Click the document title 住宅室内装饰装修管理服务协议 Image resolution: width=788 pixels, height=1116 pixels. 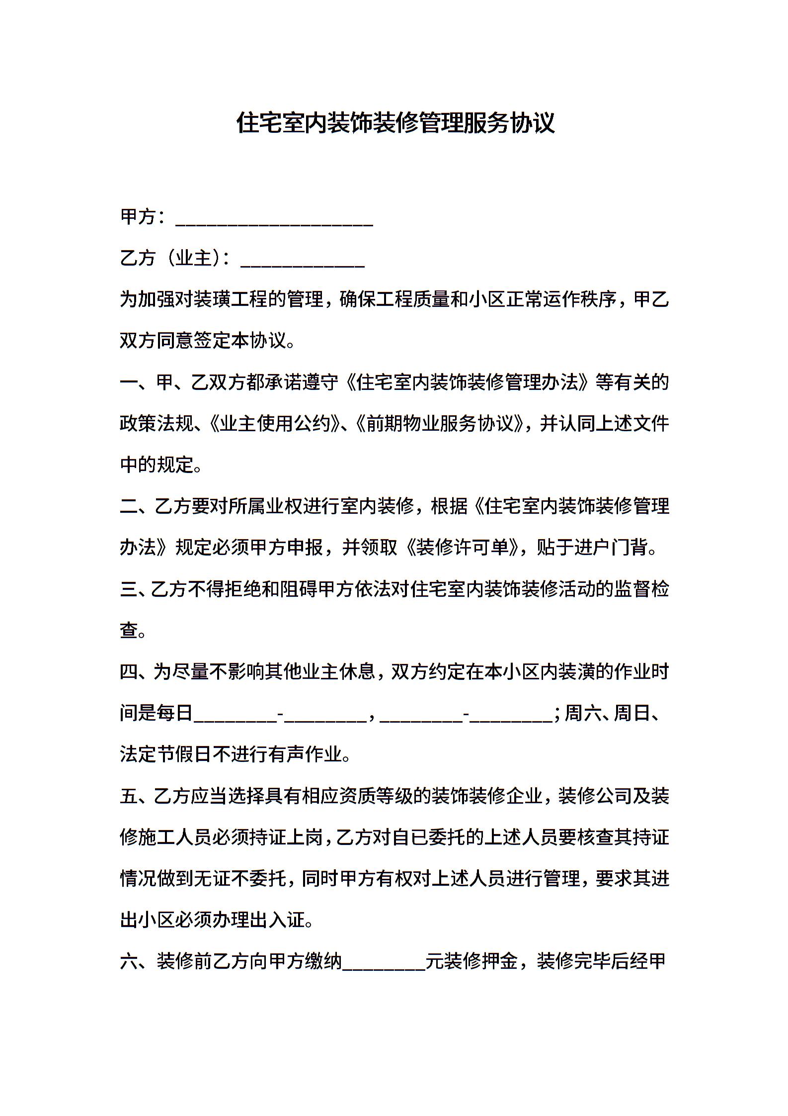tap(395, 123)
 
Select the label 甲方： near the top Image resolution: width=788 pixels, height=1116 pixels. tap(143, 217)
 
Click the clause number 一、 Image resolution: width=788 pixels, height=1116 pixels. tap(136, 382)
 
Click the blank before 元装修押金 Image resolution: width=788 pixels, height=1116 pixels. tap(384, 964)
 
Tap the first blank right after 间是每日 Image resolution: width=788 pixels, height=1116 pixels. tap(235, 715)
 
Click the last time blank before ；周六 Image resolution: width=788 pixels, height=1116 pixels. tap(510, 715)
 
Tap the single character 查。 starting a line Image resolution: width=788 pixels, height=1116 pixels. tap(129, 631)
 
